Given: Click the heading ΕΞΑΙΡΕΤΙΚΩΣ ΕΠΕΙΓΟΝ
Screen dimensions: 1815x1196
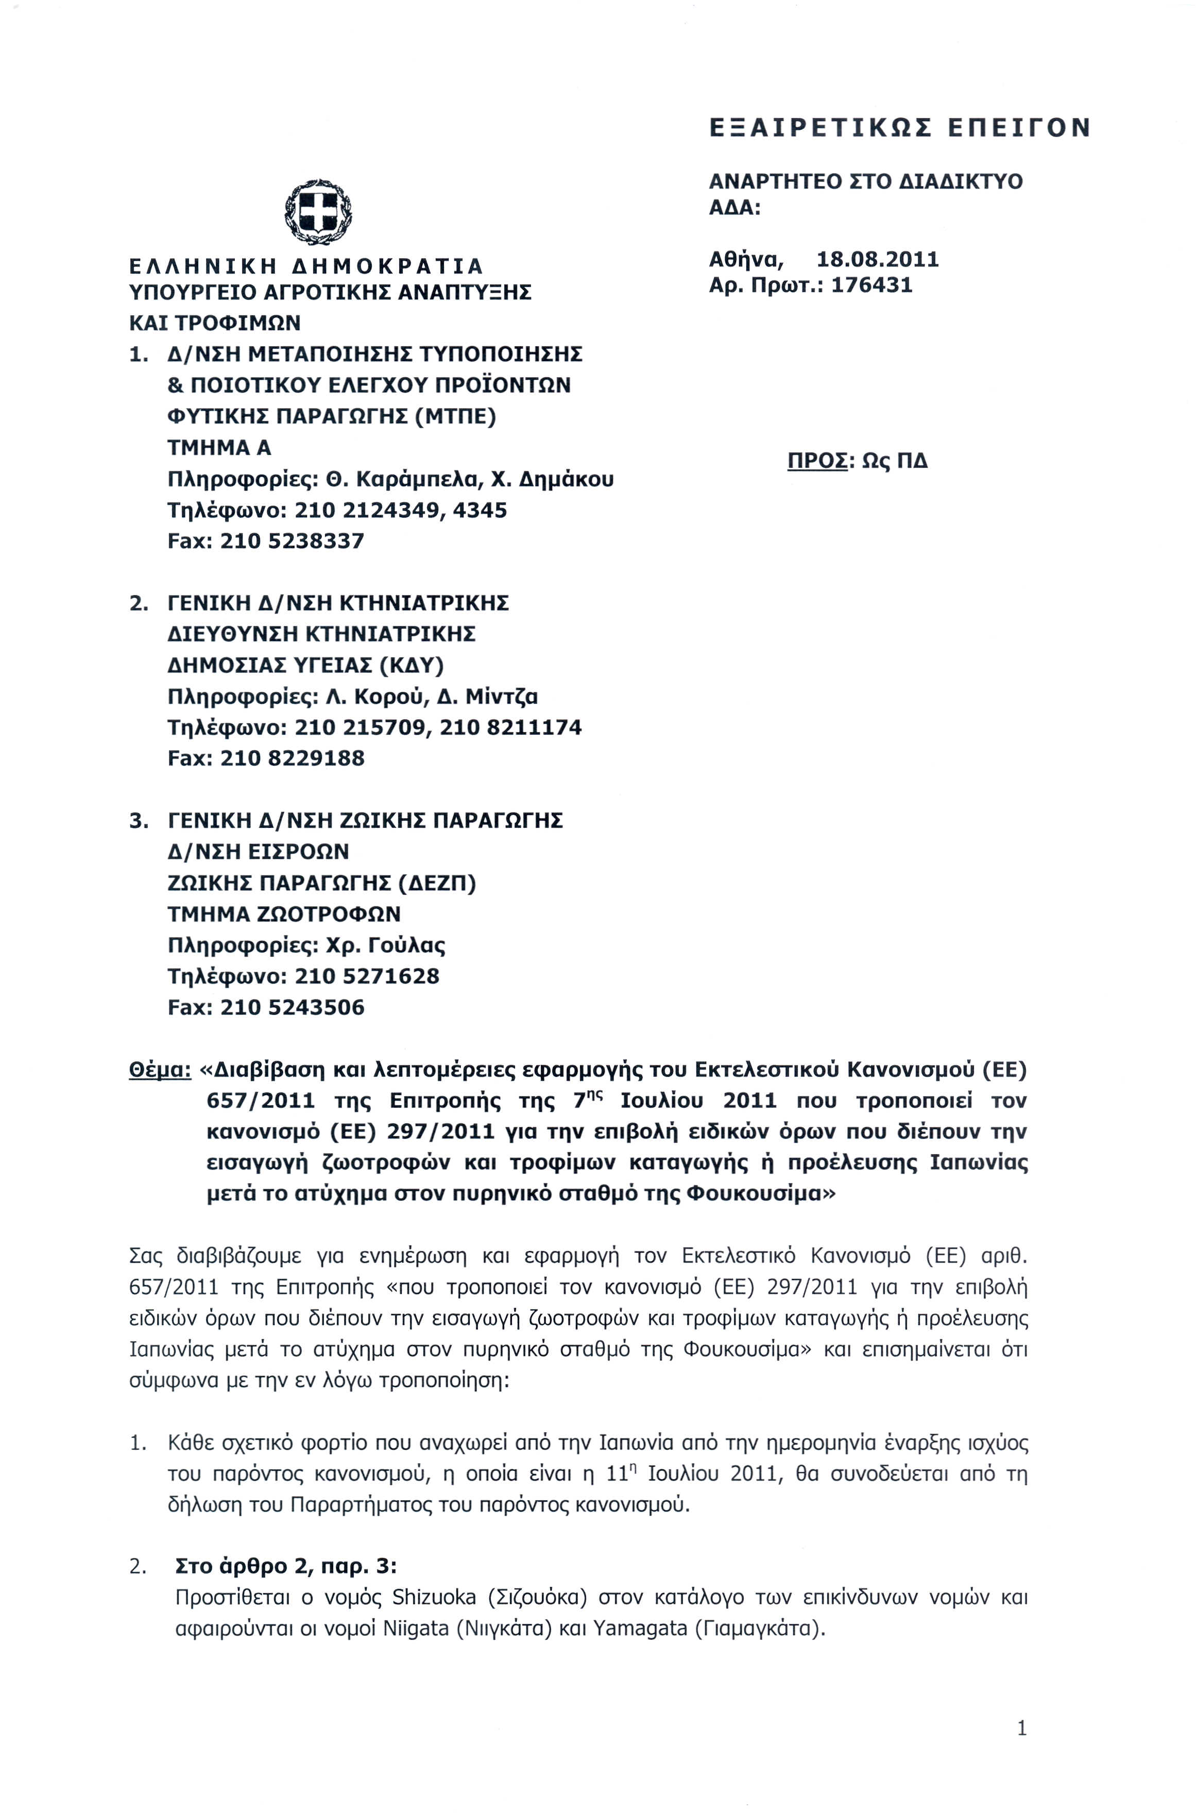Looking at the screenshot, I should (900, 127).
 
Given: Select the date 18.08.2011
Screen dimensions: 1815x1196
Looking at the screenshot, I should (877, 259).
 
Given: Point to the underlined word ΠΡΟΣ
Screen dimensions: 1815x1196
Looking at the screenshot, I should (817, 462).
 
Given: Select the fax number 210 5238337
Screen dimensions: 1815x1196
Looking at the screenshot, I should (292, 541).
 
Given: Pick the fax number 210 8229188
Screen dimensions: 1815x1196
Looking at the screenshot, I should (292, 758).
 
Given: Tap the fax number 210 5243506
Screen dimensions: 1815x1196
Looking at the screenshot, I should (292, 1007).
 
